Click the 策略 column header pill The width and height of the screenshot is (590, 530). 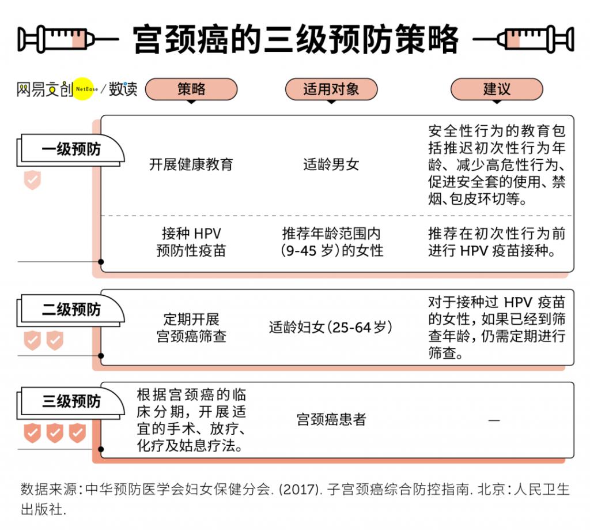click(191, 89)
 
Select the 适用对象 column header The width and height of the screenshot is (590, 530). click(331, 89)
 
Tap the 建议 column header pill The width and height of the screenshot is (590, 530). click(496, 89)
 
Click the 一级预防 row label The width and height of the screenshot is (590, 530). click(71, 149)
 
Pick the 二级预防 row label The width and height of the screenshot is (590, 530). click(71, 310)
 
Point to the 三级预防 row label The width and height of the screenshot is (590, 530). click(71, 401)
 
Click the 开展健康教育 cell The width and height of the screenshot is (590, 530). click(191, 164)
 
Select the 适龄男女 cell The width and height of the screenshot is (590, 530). click(331, 164)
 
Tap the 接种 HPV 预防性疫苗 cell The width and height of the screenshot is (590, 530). click(191, 242)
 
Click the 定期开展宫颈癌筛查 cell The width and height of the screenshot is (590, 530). click(191, 328)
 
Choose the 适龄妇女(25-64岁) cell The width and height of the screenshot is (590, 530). click(331, 328)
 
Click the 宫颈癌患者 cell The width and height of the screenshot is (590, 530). click(331, 419)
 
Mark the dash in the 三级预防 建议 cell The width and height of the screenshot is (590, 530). click(494, 420)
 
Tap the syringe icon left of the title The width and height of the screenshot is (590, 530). click(66, 39)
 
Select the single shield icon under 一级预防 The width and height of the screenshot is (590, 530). click(32, 180)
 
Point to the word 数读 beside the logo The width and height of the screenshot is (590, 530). click(123, 89)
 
